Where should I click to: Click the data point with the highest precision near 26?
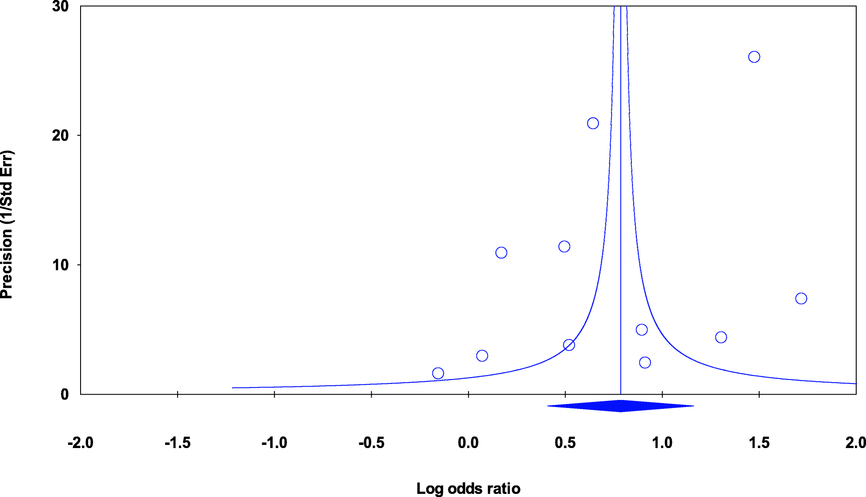[754, 57]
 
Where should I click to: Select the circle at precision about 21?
[593, 123]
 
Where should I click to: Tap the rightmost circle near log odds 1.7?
[801, 299]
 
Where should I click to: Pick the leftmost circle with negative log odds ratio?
[438, 373]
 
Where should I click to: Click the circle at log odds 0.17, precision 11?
[501, 253]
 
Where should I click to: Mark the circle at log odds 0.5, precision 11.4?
[564, 246]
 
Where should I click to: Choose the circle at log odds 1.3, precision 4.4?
[721, 337]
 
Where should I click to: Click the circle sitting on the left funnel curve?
[569, 345]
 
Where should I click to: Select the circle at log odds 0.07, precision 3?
[482, 356]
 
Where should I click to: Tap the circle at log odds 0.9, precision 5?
[642, 330]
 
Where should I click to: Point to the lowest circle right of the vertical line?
[645, 363]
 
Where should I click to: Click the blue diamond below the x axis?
[620, 406]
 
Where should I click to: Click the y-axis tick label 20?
[60, 136]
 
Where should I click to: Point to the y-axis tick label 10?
[60, 265]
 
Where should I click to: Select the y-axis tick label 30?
[60, 7]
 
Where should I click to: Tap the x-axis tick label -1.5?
[178, 443]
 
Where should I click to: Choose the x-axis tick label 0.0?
[468, 443]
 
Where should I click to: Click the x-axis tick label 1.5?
[759, 443]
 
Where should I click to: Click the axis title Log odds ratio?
[468, 489]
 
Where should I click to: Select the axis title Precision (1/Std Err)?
[7, 225]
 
